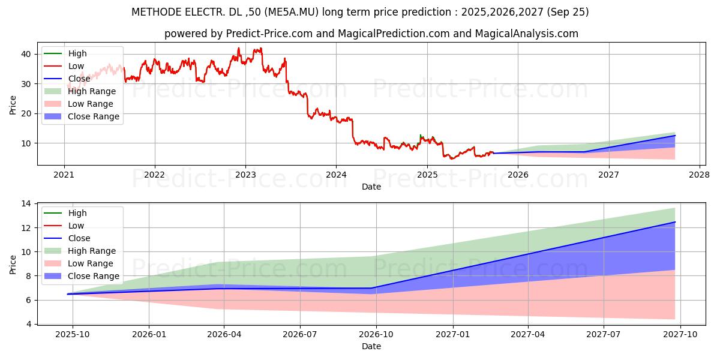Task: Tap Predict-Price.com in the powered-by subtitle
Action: [269, 34]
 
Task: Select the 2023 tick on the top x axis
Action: [245, 175]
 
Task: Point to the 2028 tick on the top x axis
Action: [700, 175]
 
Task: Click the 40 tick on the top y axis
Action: [26, 53]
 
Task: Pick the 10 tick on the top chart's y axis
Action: [26, 143]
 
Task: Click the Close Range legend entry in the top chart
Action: [93, 116]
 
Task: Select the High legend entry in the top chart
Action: [77, 53]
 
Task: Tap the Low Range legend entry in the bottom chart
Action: [90, 263]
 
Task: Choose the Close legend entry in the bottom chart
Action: [79, 238]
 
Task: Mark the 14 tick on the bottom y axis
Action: [26, 204]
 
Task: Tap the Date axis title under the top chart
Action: [371, 187]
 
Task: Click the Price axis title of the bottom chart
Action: [13, 264]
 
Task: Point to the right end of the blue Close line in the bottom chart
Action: [675, 222]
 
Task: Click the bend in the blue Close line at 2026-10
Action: [376, 288]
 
